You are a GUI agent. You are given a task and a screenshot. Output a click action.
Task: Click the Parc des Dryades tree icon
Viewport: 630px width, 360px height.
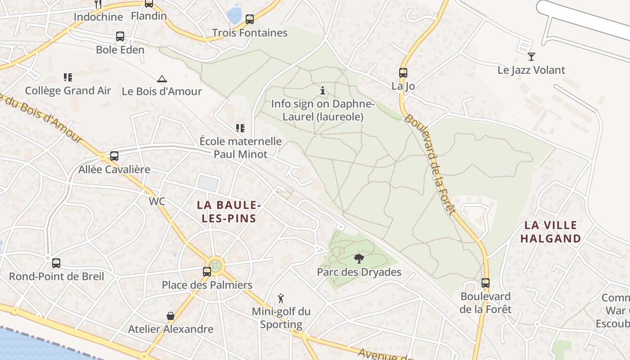pyautogui.click(x=359, y=259)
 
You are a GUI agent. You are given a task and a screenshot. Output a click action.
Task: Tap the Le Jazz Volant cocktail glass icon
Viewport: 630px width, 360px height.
pyautogui.click(x=531, y=57)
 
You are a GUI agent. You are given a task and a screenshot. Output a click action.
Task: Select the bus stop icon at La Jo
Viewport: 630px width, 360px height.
pyautogui.click(x=403, y=73)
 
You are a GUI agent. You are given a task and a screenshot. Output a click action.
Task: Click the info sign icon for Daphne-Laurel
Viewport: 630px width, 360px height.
pyautogui.click(x=323, y=91)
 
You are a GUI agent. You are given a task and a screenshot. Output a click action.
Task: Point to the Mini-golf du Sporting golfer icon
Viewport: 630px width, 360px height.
pyautogui.click(x=281, y=298)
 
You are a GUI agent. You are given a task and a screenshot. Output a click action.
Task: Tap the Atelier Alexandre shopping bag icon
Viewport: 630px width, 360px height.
pyautogui.click(x=171, y=316)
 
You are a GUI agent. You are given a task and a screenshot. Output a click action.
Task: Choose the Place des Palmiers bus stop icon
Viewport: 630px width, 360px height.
pyautogui.click(x=207, y=272)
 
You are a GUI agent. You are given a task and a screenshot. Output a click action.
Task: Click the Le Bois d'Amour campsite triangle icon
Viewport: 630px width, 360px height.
pyautogui.click(x=162, y=79)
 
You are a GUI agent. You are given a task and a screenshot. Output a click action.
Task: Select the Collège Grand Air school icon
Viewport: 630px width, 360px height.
pyautogui.click(x=68, y=77)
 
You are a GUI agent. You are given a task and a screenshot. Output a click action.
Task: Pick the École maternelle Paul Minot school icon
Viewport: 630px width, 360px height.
pyautogui.click(x=240, y=128)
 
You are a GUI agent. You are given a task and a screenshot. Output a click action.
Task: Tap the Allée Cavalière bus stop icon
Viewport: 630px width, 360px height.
pyautogui.click(x=114, y=156)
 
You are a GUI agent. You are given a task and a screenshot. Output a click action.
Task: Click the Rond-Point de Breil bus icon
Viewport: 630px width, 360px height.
pyautogui.click(x=56, y=263)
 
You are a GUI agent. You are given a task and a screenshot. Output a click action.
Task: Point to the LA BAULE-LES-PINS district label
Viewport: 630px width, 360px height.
pyautogui.click(x=229, y=212)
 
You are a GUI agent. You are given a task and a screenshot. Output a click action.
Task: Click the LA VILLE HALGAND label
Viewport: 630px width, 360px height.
pyautogui.click(x=551, y=232)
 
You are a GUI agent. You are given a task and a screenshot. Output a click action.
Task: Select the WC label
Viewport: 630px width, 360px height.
pyautogui.click(x=157, y=202)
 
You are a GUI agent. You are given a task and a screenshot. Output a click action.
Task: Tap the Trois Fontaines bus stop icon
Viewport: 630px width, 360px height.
pyautogui.click(x=250, y=19)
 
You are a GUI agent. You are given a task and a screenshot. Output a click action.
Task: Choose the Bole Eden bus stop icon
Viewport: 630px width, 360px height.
pyautogui.click(x=120, y=36)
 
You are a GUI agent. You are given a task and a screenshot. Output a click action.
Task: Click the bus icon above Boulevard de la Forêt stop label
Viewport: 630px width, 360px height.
pyautogui.click(x=486, y=283)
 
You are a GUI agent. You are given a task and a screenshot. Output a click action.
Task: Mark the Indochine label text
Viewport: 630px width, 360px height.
pyautogui.click(x=98, y=17)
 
